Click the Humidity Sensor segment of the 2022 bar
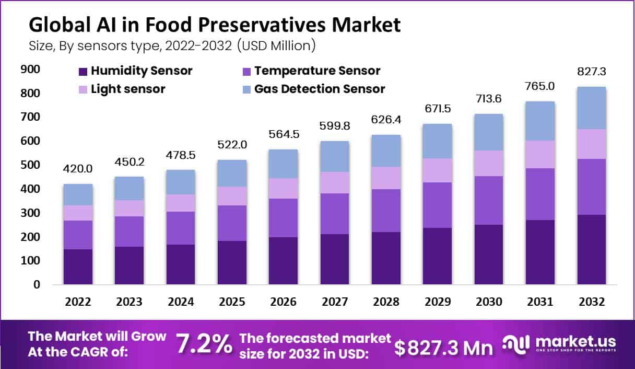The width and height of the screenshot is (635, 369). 78,267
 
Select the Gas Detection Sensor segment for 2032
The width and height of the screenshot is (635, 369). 592,108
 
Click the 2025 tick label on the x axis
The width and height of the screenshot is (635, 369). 232,302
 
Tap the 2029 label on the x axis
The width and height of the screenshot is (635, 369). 438,302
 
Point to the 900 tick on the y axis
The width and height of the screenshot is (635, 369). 31,70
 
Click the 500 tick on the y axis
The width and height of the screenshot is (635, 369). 31,165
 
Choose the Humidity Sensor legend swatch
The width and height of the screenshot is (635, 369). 83,71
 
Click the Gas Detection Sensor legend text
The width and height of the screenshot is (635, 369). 320,89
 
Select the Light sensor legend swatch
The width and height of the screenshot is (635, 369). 83,89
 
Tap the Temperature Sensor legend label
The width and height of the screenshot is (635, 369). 317,71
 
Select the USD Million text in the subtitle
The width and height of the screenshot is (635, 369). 276,45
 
